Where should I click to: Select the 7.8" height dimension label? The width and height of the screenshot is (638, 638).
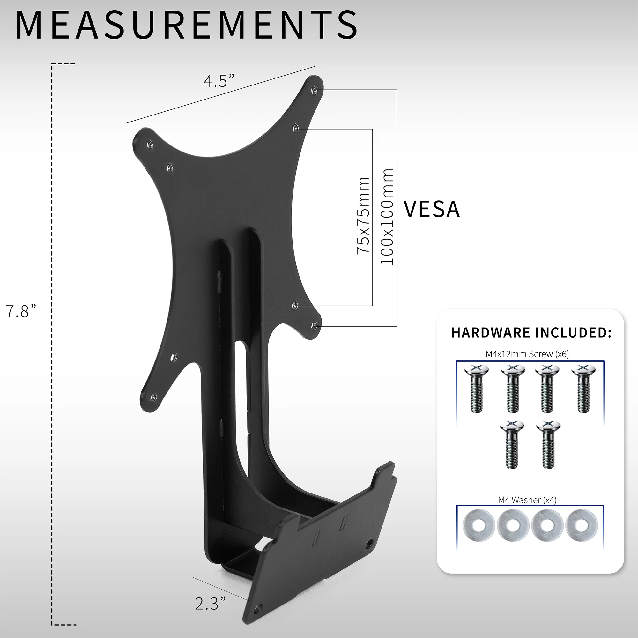pyautogui.click(x=21, y=311)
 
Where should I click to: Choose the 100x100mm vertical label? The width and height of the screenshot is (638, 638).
pyautogui.click(x=387, y=217)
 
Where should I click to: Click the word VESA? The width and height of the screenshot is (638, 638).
pyautogui.click(x=432, y=209)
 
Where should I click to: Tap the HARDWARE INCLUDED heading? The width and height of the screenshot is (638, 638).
pyautogui.click(x=531, y=332)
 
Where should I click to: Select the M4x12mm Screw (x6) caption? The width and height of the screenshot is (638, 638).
pyautogui.click(x=527, y=354)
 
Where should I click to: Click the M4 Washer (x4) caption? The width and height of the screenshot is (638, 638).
pyautogui.click(x=527, y=500)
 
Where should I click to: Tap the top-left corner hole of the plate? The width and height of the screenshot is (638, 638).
pyautogui.click(x=150, y=144)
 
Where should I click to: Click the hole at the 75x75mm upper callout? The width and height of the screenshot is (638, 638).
pyautogui.click(x=296, y=128)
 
